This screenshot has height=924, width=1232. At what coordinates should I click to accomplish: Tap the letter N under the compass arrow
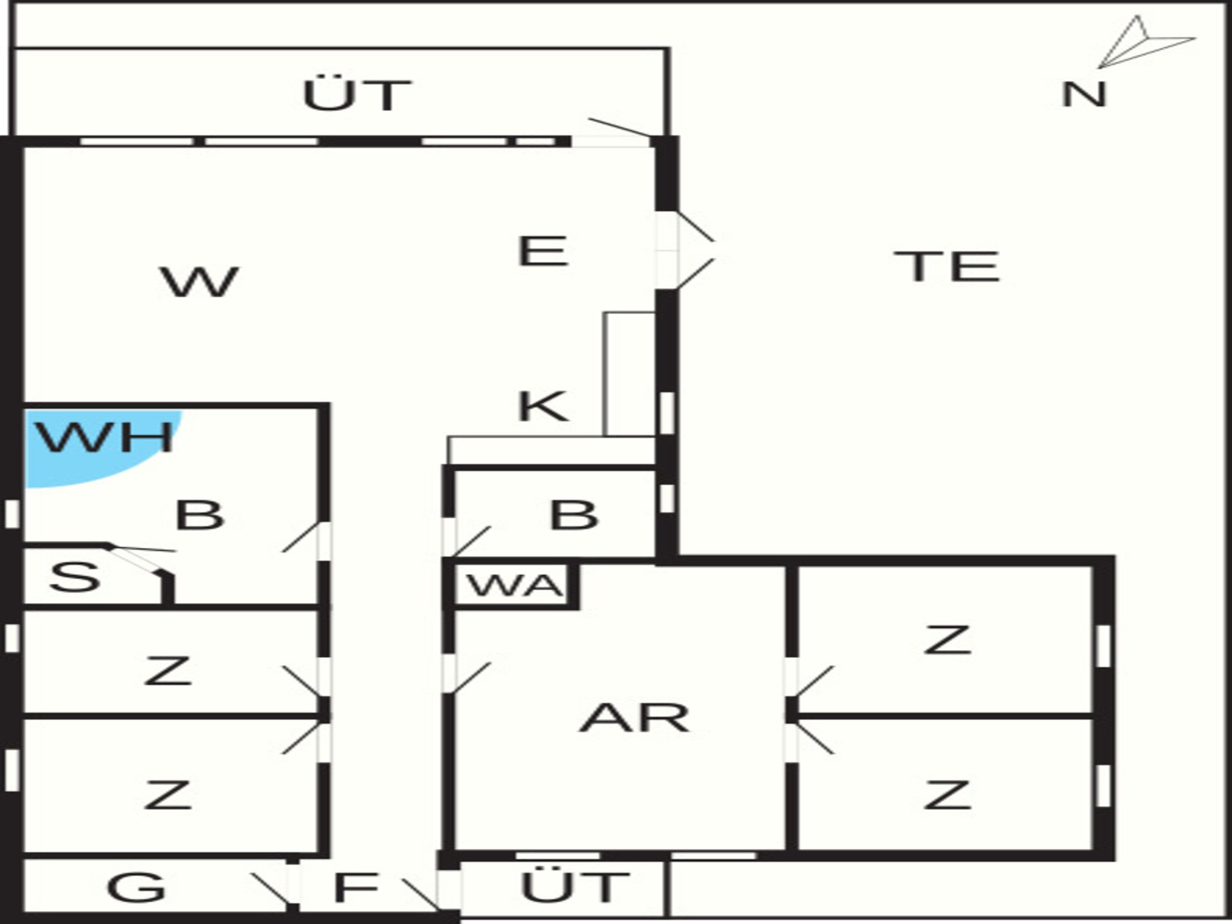(x=1084, y=95)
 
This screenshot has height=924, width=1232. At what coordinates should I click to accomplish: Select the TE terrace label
(x=947, y=266)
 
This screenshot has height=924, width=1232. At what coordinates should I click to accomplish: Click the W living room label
(x=200, y=282)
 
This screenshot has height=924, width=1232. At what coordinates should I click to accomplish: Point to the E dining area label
(x=543, y=251)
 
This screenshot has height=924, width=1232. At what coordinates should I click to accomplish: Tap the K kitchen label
(x=543, y=406)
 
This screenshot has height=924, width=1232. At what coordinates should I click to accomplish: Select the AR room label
(x=634, y=718)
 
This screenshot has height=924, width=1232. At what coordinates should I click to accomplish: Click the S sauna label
(x=75, y=577)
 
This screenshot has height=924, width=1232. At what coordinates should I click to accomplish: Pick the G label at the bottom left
(x=137, y=887)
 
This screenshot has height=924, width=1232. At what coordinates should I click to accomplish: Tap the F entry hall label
(x=356, y=887)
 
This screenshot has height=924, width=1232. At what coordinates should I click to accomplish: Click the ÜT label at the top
(x=357, y=96)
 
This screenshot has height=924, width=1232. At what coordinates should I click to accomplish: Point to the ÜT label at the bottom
(x=575, y=887)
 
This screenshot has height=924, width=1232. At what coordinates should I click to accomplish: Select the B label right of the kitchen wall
(x=574, y=515)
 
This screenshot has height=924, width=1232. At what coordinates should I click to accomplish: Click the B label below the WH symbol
(x=200, y=515)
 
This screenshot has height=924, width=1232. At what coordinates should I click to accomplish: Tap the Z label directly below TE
(x=946, y=640)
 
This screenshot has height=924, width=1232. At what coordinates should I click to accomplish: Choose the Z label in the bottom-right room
(x=946, y=796)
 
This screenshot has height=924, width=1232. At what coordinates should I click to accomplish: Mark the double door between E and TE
(x=684, y=251)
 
